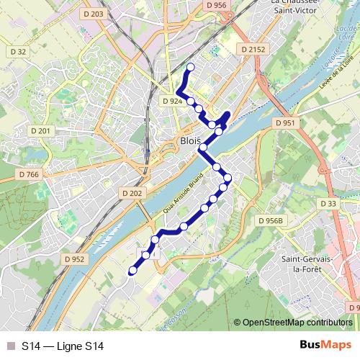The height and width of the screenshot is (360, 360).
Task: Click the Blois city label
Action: pos(190,141)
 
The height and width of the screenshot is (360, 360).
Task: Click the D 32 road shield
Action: pos(19,52)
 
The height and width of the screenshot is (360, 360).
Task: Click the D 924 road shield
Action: pos(172,102)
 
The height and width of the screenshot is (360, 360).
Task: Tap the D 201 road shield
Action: pos(41,130)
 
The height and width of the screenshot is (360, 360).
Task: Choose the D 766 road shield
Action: pos(29,174)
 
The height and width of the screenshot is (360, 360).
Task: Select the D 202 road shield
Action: pos(132,193)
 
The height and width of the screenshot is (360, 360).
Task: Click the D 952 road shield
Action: pos(74,259)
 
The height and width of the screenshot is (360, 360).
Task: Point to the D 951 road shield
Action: pos(285,123)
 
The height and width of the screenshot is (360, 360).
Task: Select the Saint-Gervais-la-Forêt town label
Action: pos(306,264)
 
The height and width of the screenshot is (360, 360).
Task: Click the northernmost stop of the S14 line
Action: pos(191,68)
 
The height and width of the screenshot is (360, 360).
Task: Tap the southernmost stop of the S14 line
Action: pos(132,271)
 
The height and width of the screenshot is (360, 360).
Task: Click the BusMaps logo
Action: pos(325,346)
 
